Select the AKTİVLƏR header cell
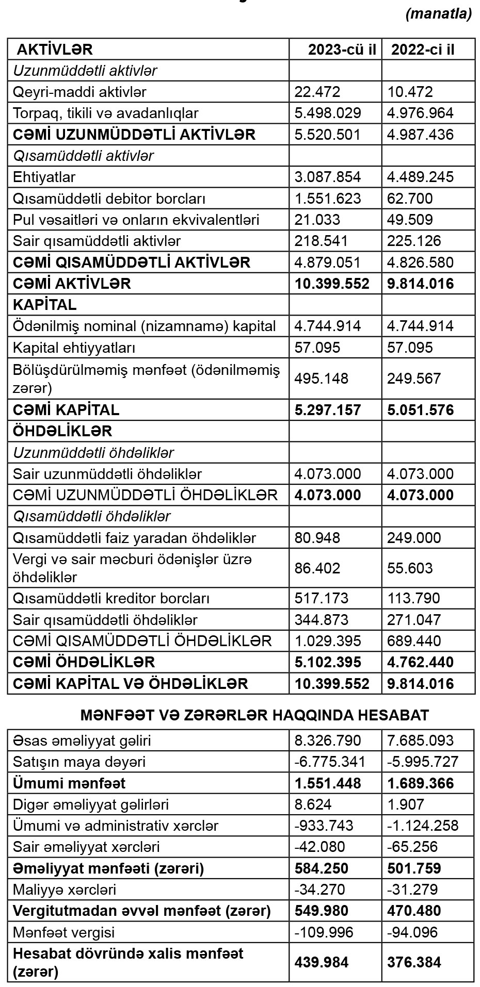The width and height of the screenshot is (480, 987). pyautogui.click(x=55, y=50)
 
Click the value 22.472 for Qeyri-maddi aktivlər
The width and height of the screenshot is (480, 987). pyautogui.click(x=317, y=92)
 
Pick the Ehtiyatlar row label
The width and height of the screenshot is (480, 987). pyautogui.click(x=44, y=177)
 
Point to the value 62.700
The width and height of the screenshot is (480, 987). pyautogui.click(x=410, y=199)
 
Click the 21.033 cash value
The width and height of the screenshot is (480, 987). pyautogui.click(x=317, y=220)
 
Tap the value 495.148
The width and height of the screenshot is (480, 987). pyautogui.click(x=321, y=379)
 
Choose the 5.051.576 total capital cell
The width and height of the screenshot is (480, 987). pyautogui.click(x=421, y=410)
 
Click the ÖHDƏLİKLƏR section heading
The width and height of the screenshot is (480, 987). pyautogui.click(x=62, y=431)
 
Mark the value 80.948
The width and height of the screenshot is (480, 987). pyautogui.click(x=317, y=538)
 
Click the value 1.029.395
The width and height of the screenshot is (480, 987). pyautogui.click(x=328, y=641)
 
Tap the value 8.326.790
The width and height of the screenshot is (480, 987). pyautogui.click(x=328, y=741)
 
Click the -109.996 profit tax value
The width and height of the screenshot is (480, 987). pyautogui.click(x=324, y=932)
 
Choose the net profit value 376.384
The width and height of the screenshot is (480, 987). pyautogui.click(x=414, y=962)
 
